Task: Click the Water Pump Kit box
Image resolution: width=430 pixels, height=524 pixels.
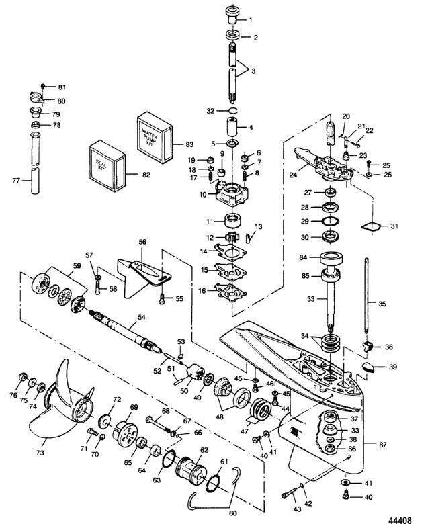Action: pyautogui.click(x=155, y=137)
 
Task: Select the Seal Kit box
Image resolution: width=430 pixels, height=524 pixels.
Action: pyautogui.click(x=107, y=166)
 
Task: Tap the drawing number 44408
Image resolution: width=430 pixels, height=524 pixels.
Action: pyautogui.click(x=400, y=520)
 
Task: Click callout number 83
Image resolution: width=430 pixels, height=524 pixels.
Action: pyautogui.click(x=189, y=144)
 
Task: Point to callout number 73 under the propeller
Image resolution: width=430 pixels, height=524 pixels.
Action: pyautogui.click(x=40, y=453)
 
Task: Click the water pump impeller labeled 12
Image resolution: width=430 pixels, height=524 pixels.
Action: pyautogui.click(x=230, y=238)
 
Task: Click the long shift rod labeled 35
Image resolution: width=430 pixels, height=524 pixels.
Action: pyautogui.click(x=367, y=295)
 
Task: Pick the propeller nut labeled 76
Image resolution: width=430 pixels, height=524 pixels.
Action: pyautogui.click(x=23, y=377)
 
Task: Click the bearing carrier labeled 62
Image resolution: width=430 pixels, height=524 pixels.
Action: pyautogui.click(x=191, y=469)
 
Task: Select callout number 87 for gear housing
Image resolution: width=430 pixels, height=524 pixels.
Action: pyautogui.click(x=383, y=445)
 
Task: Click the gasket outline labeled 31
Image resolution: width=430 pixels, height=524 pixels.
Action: pyautogui.click(x=371, y=226)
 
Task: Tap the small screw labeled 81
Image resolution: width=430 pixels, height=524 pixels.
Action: pyautogui.click(x=43, y=86)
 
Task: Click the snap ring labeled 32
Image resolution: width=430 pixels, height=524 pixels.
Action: pyautogui.click(x=233, y=110)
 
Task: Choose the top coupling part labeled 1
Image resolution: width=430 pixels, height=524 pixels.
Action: pyautogui.click(x=233, y=14)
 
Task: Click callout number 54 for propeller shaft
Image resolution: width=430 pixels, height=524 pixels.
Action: pyautogui.click(x=142, y=317)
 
